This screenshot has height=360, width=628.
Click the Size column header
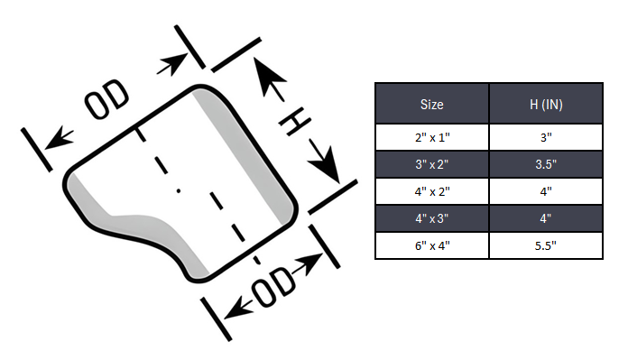tap(431, 104)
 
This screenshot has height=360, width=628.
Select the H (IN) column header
tap(546, 104)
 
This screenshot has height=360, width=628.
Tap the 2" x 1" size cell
tap(431, 137)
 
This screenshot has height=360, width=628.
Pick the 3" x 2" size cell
tap(431, 164)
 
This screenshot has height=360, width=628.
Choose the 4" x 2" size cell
tap(431, 191)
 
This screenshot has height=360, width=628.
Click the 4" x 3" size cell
tap(431, 218)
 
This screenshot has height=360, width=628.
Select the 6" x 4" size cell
tap(431, 245)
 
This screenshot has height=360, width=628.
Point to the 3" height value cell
tap(546, 137)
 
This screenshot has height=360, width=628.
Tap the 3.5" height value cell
tap(546, 164)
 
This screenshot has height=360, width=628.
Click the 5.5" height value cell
tap(546, 245)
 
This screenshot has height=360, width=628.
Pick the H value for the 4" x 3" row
tap(546, 218)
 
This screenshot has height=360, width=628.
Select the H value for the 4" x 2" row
tap(546, 191)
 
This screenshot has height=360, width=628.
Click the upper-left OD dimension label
tap(106, 99)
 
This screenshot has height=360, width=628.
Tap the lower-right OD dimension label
tap(274, 287)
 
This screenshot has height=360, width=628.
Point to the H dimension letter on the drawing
tap(294, 121)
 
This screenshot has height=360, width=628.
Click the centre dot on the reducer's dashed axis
tap(179, 191)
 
